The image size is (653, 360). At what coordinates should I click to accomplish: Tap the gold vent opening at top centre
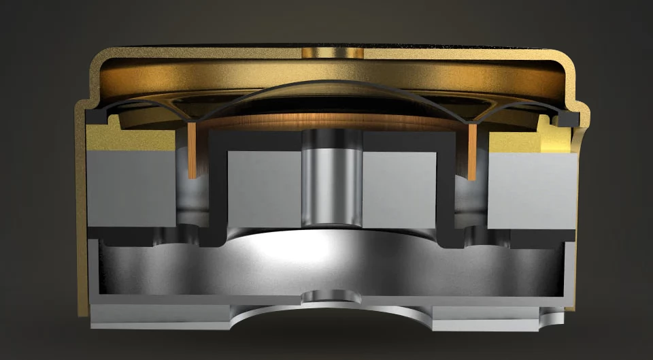click(331, 52)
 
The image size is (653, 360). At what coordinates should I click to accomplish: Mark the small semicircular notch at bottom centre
click(331, 297)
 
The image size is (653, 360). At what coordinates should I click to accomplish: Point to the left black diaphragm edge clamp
click(96, 117)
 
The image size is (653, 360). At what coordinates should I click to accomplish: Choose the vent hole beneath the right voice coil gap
click(483, 235)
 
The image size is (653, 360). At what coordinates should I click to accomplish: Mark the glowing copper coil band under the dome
click(331, 121)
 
